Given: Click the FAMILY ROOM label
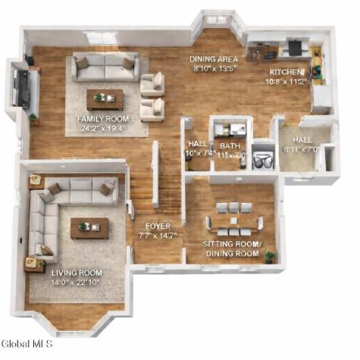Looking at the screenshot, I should pyautogui.click(x=102, y=119).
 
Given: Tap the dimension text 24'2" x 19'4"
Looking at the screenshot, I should pyautogui.click(x=102, y=129).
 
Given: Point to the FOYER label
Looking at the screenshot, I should pyautogui.click(x=158, y=226).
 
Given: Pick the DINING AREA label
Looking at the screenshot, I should pyautogui.click(x=214, y=58).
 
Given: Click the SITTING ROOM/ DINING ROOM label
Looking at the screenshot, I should pyautogui.click(x=231, y=249).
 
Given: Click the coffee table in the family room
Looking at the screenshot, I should pyautogui.click(x=105, y=98).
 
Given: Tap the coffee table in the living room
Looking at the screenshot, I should pyautogui.click(x=89, y=227).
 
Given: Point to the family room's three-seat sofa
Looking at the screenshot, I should pyautogui.click(x=105, y=67).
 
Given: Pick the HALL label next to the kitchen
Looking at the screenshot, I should pyautogui.click(x=302, y=139).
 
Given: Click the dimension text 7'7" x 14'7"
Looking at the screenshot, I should pyautogui.click(x=158, y=236).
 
